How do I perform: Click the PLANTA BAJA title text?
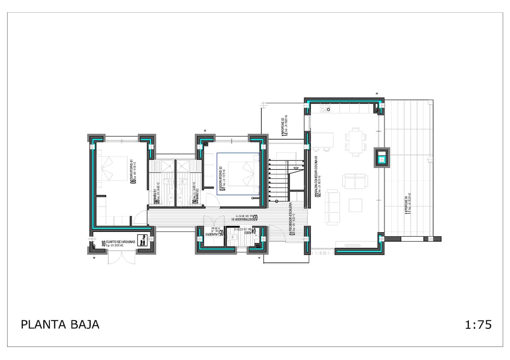pos(60,324)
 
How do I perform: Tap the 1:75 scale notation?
pos(478,325)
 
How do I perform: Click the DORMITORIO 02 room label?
pos(222,178)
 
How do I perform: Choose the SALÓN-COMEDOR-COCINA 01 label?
pos(317,176)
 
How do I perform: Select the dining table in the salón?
pos(355,142)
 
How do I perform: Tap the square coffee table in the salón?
pos(355,205)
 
